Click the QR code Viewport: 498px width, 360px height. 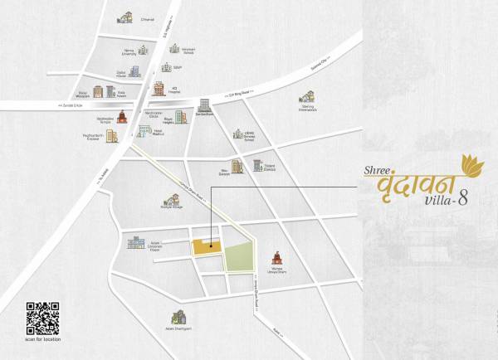click(43, 317)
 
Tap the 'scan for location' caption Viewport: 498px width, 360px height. click(43, 339)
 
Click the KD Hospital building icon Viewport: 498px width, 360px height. click(158, 87)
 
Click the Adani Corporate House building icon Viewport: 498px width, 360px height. click(134, 242)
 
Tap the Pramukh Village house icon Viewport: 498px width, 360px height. click(173, 199)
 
